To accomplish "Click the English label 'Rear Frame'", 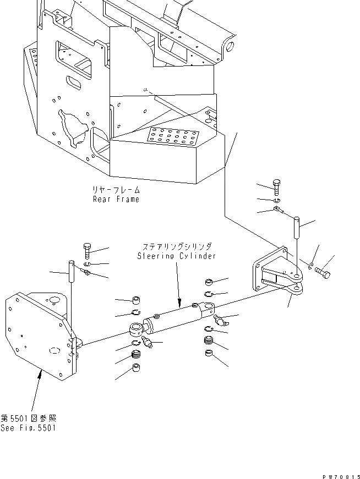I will (116, 199).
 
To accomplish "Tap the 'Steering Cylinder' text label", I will (176, 256).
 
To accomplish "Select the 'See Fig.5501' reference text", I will (29, 428).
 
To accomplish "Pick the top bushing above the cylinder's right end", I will (210, 283).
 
